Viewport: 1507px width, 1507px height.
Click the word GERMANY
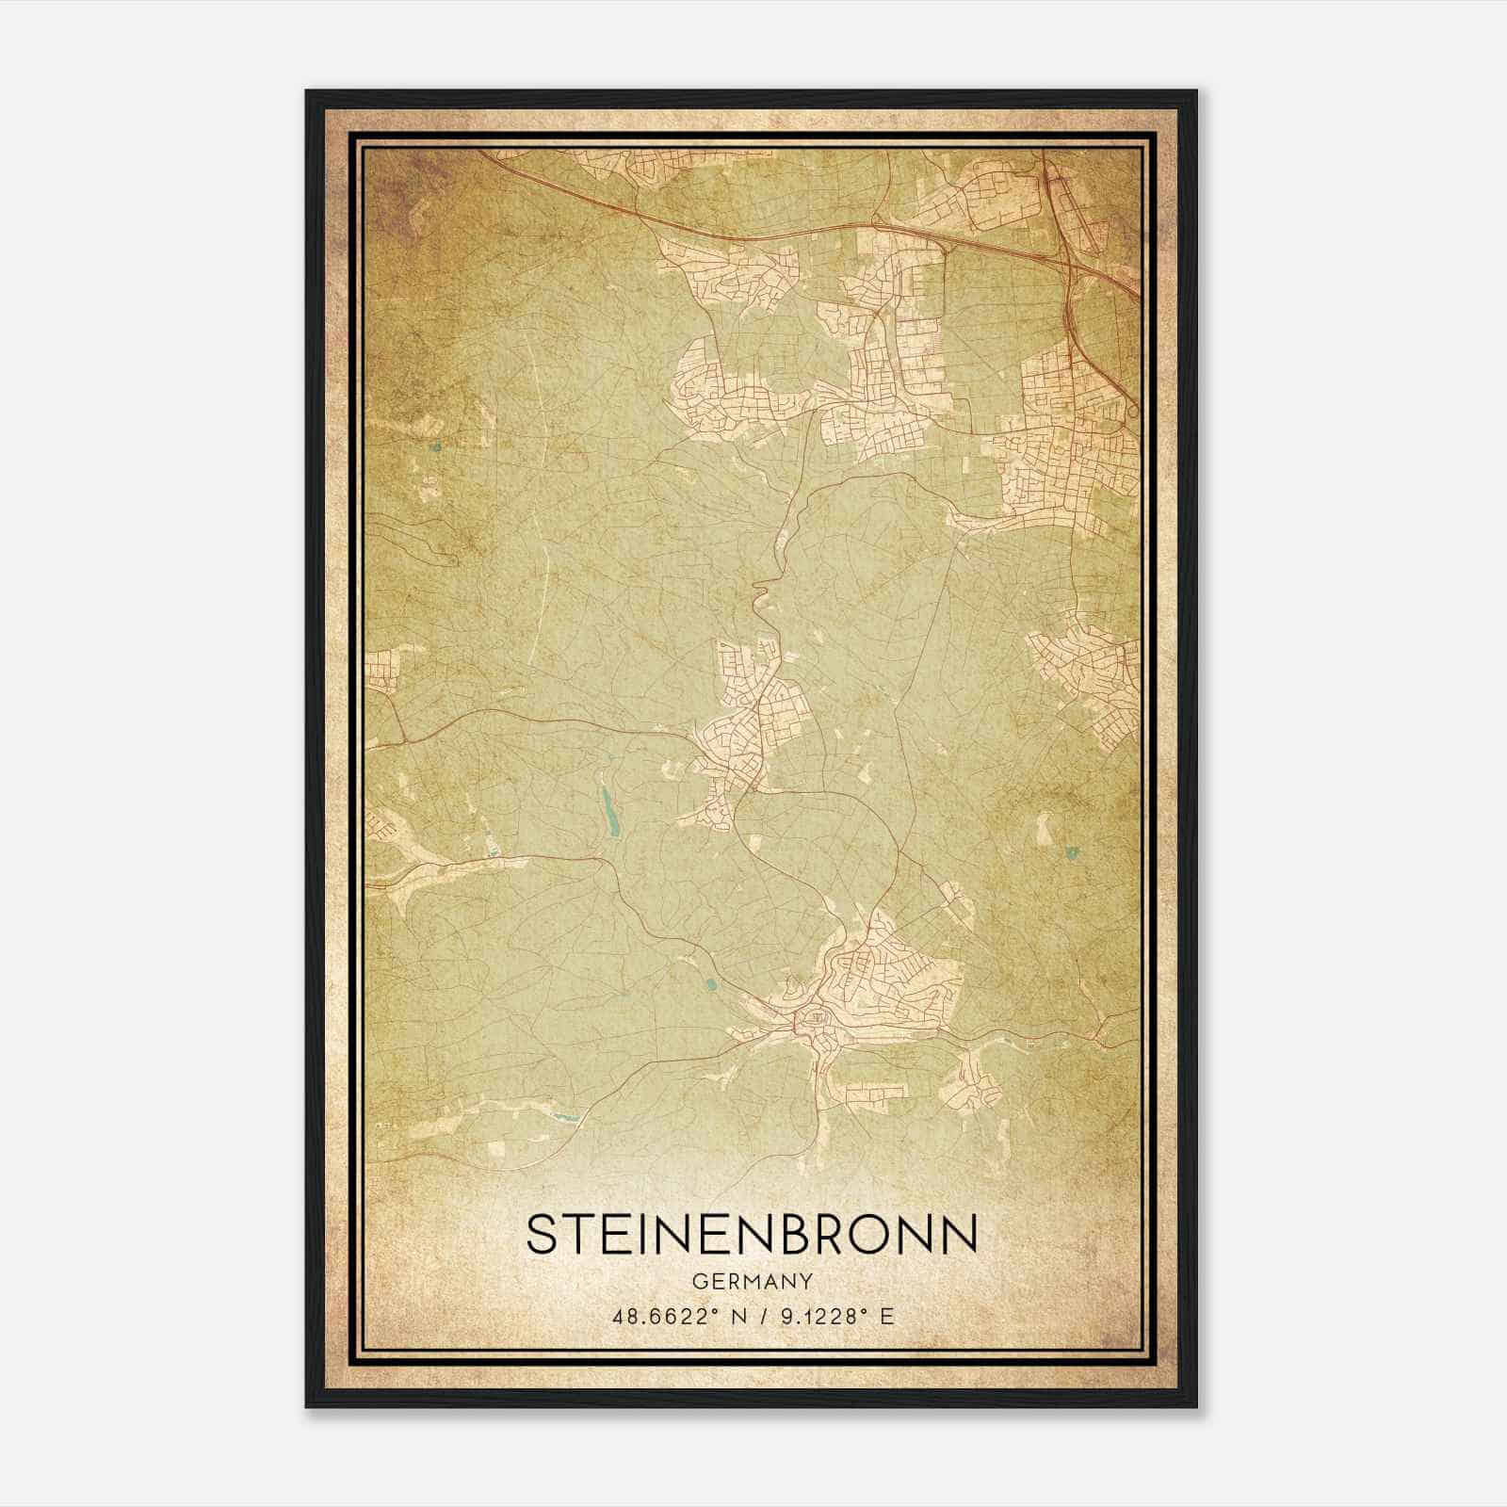click(x=752, y=1281)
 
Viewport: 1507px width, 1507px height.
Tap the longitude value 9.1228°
click(x=817, y=1317)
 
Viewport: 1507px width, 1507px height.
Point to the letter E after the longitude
click(x=885, y=1317)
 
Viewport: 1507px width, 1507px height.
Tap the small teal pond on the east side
click(x=1070, y=853)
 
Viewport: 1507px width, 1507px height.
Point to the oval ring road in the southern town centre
click(x=812, y=1018)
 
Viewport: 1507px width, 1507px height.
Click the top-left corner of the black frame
click(x=307, y=92)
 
